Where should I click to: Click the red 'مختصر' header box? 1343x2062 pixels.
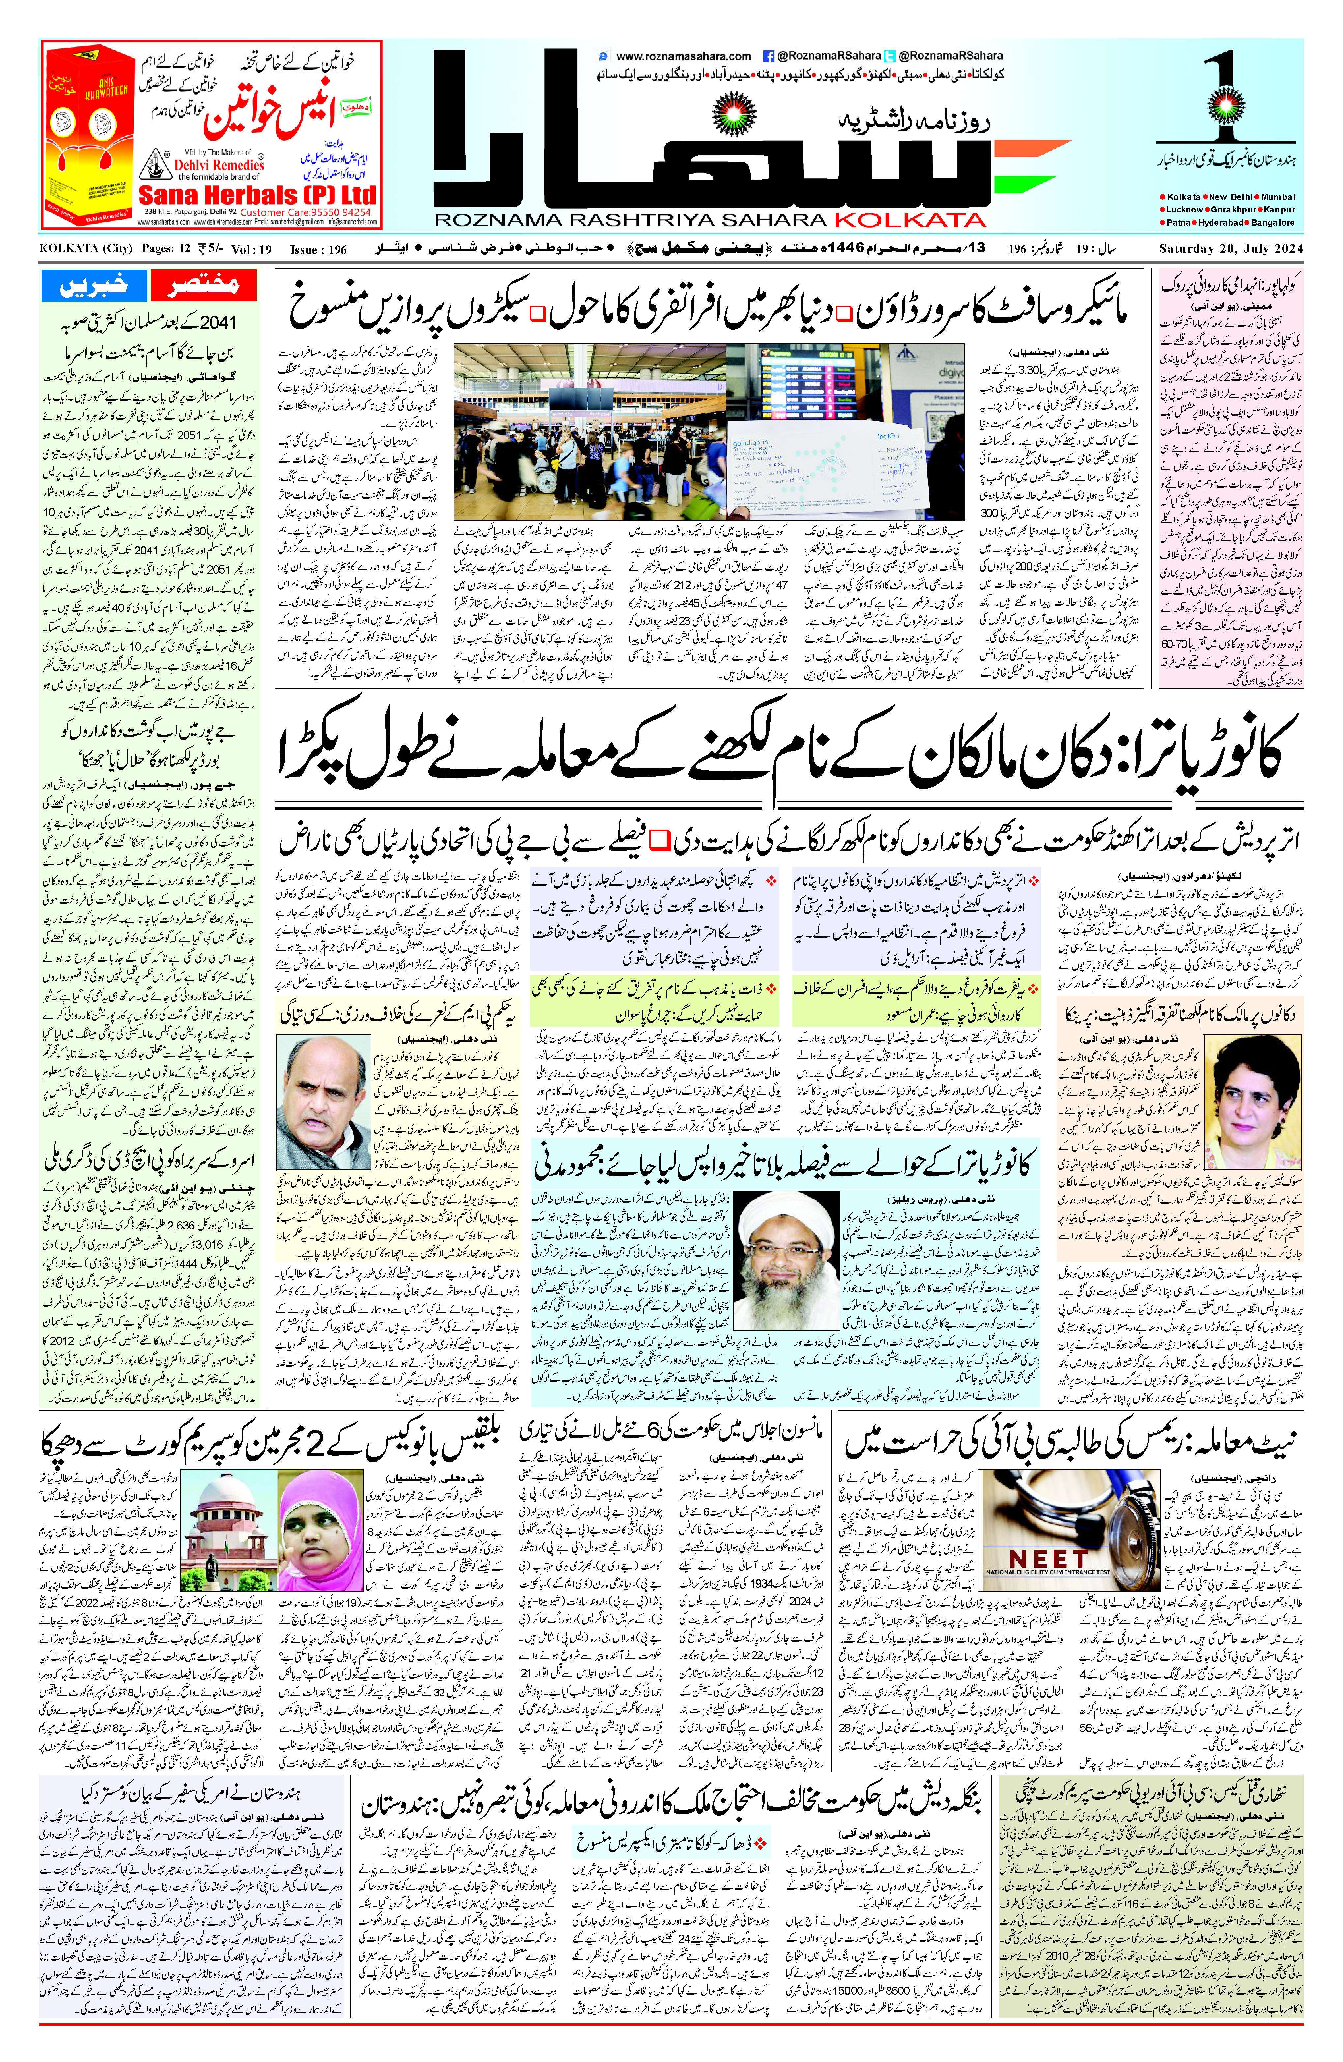coord(204,285)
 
